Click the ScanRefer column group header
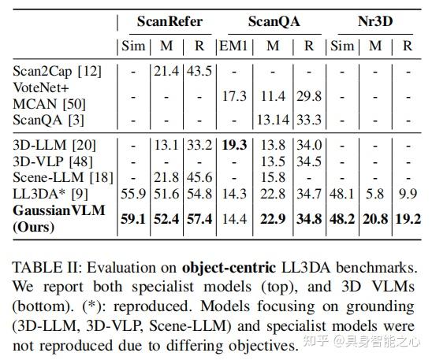coord(166,21)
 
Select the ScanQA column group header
coord(273,21)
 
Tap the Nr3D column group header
coord(374,21)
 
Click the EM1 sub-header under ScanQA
coord(233,46)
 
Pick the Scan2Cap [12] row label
coord(45,72)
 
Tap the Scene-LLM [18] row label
coord(52,178)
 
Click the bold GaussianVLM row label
coord(54,211)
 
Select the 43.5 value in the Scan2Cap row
coord(199,72)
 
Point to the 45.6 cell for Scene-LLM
coord(199,178)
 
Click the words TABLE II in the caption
coord(40,267)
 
